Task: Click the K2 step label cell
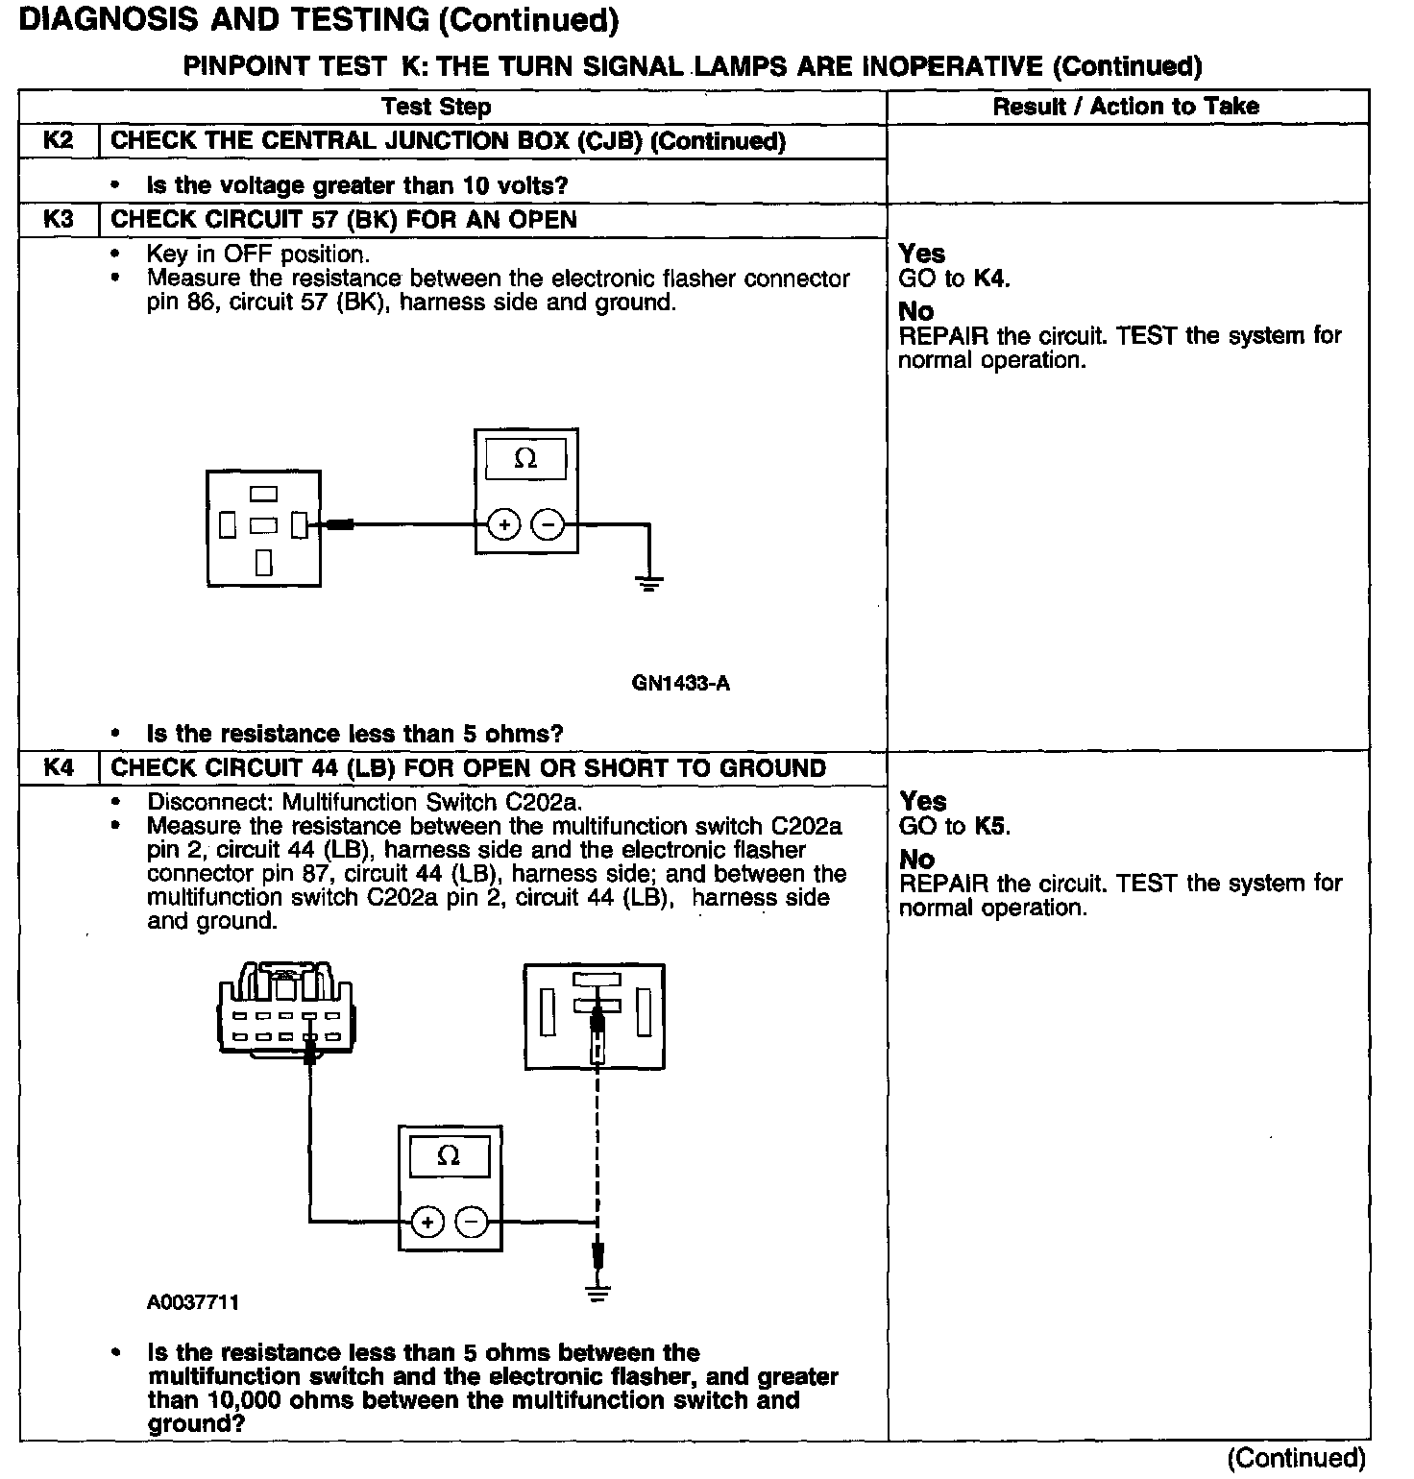pos(59,140)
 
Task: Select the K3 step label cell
pos(59,219)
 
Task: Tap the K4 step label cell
pos(59,767)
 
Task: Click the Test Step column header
pos(436,107)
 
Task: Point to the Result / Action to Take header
pos(1126,106)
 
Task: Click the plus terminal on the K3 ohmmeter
pos(504,524)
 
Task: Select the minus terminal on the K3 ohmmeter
pos(549,524)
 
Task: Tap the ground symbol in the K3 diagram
pos(648,581)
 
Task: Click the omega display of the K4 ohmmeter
pos(449,1155)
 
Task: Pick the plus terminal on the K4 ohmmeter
pos(427,1222)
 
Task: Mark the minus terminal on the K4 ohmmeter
pos(472,1222)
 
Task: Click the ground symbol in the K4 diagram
pos(597,1292)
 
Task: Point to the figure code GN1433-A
pos(680,683)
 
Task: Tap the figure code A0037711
pos(193,1302)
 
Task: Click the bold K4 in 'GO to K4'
pos(990,279)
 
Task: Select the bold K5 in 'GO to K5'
pos(991,826)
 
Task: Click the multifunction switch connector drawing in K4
pos(285,1013)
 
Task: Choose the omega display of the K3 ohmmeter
pos(525,459)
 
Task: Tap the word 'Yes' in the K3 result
pos(922,254)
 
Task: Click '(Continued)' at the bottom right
pos(1296,1458)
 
